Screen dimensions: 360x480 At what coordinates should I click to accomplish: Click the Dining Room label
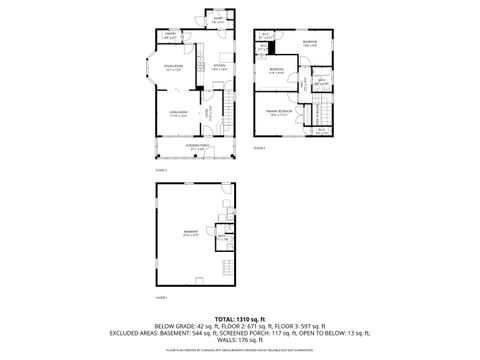(x=172, y=69)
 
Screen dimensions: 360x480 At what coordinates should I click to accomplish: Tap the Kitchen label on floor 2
(x=219, y=68)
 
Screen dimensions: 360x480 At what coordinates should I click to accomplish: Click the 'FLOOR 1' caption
(x=161, y=297)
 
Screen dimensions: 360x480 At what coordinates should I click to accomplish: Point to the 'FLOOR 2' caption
(x=160, y=170)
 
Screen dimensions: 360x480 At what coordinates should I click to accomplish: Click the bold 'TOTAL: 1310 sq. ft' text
(x=239, y=317)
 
